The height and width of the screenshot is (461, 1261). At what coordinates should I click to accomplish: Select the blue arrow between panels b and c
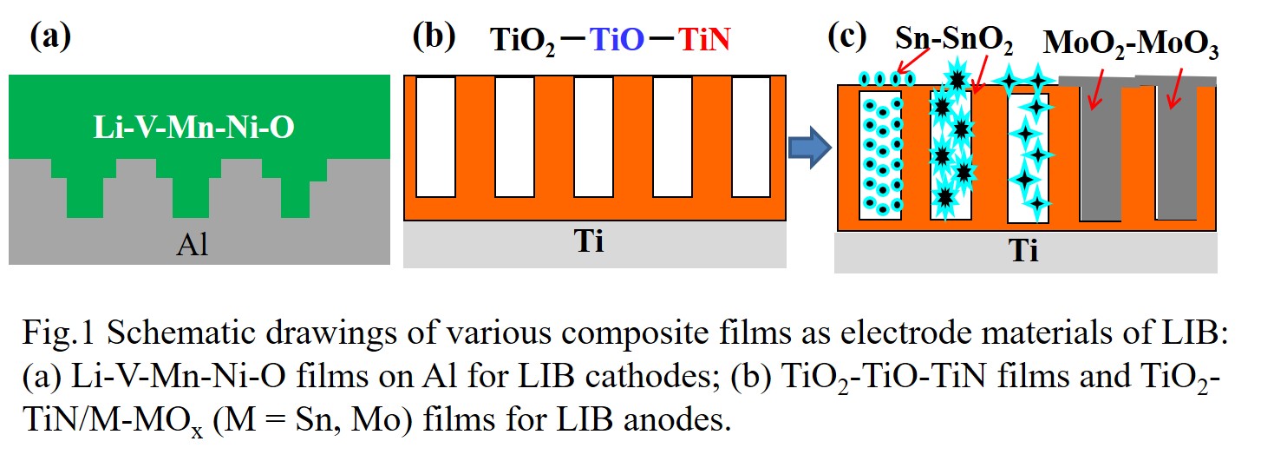[x=808, y=144]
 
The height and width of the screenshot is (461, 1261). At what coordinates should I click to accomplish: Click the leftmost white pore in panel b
[x=435, y=137]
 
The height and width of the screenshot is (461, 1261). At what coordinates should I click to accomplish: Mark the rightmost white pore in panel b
[x=751, y=137]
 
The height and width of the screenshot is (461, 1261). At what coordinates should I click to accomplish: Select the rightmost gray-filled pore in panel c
[x=1177, y=152]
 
